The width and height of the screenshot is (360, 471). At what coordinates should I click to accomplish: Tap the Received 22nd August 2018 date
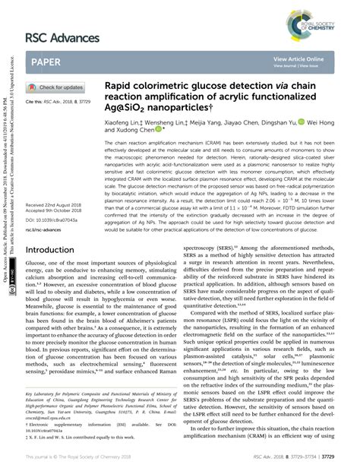pos(58,205)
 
